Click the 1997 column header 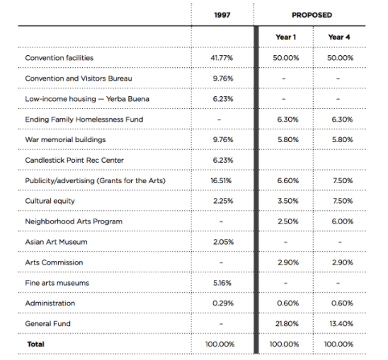(222, 15)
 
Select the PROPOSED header (312, 15)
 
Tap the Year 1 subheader (286, 37)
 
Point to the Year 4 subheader (339, 37)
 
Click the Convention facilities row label (59, 58)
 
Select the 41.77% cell (222, 58)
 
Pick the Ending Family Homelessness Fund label (84, 120)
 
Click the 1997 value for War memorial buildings (223, 140)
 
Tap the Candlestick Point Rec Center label (74, 161)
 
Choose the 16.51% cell (221, 181)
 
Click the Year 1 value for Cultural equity (287, 201)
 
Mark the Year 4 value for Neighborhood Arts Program (343, 221)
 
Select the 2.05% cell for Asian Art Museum (224, 242)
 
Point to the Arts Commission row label (55, 262)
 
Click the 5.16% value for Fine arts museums (222, 283)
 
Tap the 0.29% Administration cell (223, 303)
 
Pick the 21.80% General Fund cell (287, 324)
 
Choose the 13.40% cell (341, 324)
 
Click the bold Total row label (36, 344)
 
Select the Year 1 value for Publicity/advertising (287, 181)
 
